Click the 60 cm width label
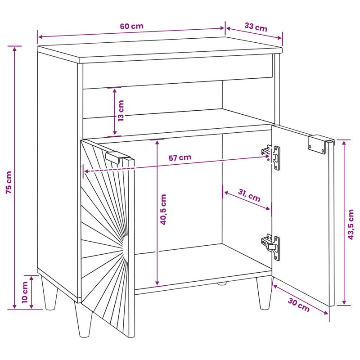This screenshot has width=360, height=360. pos(131,26)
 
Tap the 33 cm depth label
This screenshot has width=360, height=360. pos(256,27)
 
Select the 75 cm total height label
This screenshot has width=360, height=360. pos(9,182)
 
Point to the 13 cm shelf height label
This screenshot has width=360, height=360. pos(121,111)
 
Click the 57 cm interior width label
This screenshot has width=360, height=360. pos(180,157)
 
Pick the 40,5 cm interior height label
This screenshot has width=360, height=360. pos(163,209)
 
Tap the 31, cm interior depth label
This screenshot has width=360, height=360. pos(249,195)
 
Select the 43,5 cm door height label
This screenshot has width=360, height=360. pos(351,224)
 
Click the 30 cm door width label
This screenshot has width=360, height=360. pos(299,305)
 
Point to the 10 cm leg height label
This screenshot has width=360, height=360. pos(25,292)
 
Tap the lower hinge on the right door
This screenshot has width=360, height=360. pos(271,247)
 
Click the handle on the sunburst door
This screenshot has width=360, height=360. pos(119,157)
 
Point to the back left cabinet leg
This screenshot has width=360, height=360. pos(49,293)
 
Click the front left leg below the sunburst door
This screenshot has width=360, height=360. pos(83,320)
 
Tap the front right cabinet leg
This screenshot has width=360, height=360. pos(265,293)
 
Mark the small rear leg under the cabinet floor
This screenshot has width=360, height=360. pos(222,283)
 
